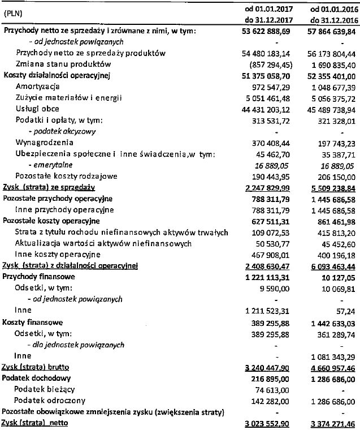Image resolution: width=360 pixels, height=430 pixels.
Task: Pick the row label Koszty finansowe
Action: coord(32,322)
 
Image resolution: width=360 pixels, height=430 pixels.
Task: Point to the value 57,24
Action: coord(347,311)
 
